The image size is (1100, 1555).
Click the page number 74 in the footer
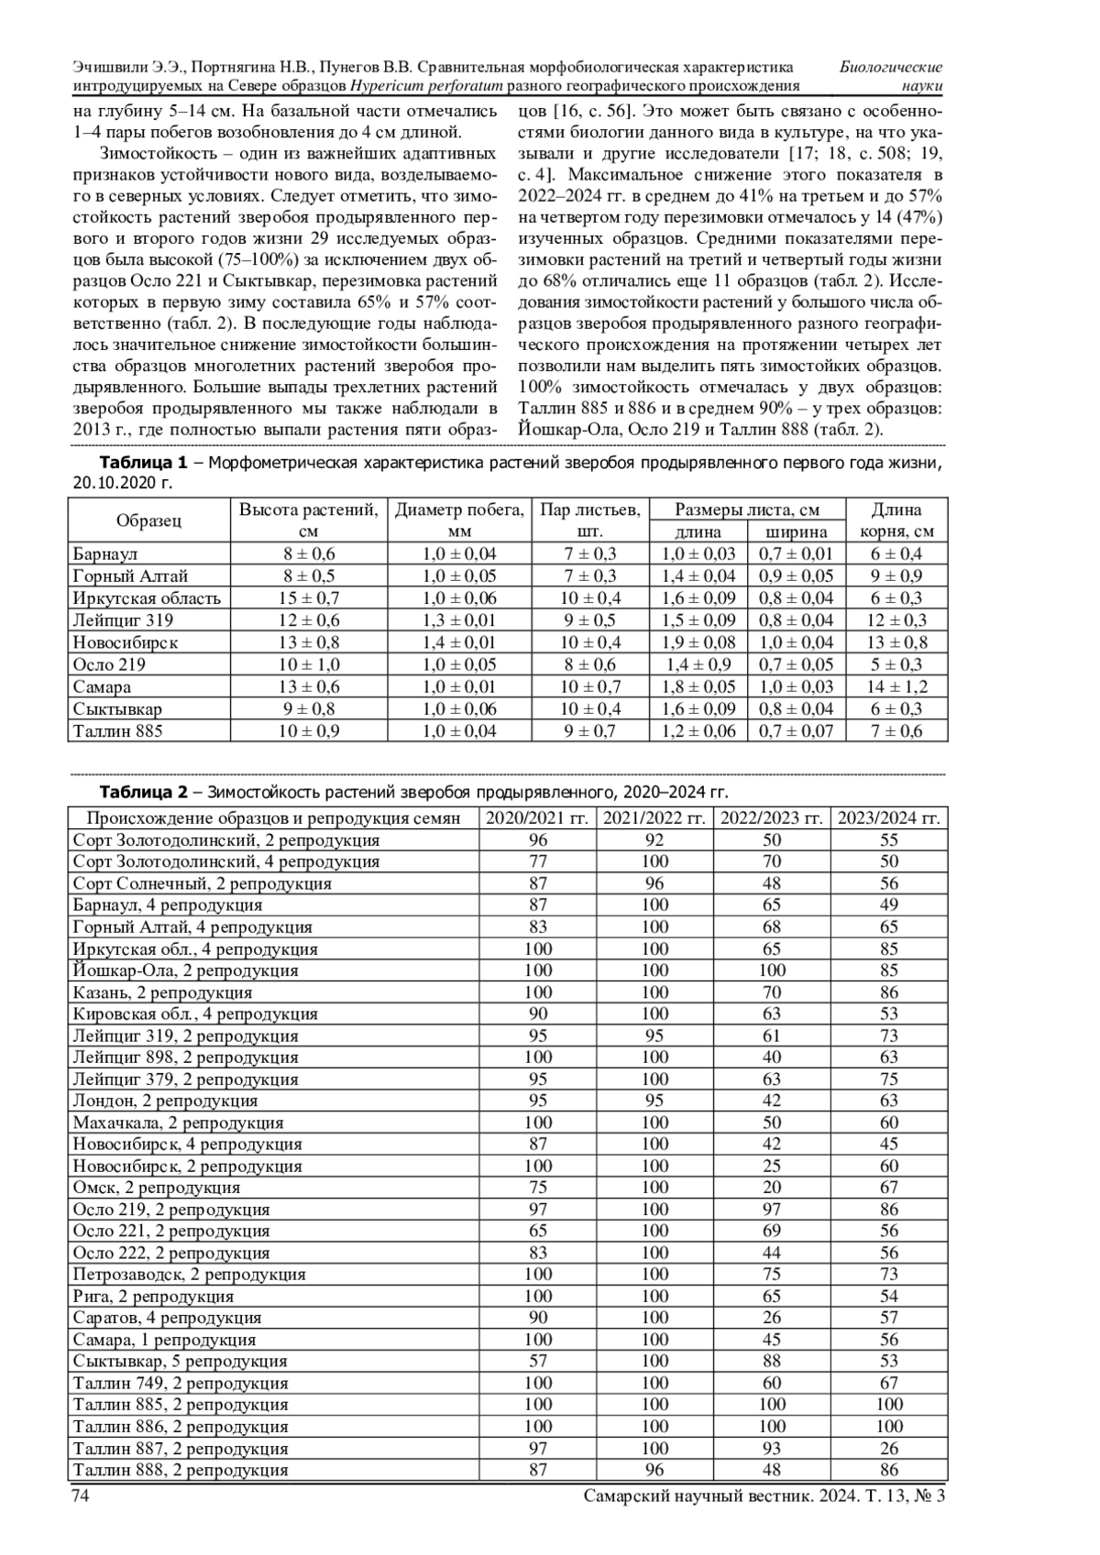coord(80,1496)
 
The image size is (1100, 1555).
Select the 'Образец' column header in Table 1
coord(148,520)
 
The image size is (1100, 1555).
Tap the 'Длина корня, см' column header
coord(896,520)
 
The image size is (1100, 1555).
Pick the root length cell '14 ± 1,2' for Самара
coord(896,686)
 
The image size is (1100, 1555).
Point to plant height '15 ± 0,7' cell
coord(309,598)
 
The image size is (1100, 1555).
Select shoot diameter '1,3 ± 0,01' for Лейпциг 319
coord(459,620)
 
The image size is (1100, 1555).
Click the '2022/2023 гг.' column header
coord(772,818)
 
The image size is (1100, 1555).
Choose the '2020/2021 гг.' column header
coord(537,818)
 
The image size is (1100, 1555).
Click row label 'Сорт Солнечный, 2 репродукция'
coord(203,883)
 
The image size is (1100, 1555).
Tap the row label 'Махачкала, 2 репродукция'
coord(178,1122)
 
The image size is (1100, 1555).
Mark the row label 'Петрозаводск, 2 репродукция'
coord(190,1275)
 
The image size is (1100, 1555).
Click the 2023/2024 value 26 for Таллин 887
coord(889,1449)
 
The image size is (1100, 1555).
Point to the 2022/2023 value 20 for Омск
coord(772,1188)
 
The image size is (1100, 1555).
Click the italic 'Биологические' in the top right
coord(891,68)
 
